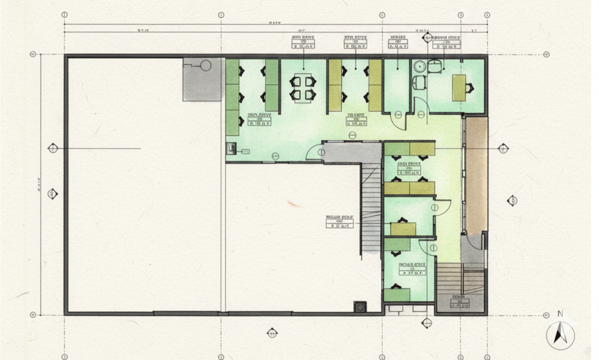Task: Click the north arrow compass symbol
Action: coord(560,335)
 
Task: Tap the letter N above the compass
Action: coord(560,314)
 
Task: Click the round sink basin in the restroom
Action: coord(420,66)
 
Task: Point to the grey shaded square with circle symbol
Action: coord(203,79)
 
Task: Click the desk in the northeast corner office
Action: coord(460,87)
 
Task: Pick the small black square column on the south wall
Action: coord(360,306)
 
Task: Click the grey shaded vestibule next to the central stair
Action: coord(352,152)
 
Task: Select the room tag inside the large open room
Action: coord(340,222)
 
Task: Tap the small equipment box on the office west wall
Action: coord(231,148)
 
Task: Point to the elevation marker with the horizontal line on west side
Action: coord(54,149)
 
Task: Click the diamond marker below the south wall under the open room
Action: coord(272,333)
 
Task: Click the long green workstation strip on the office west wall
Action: coord(232,97)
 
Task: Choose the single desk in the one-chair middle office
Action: coord(403,229)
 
